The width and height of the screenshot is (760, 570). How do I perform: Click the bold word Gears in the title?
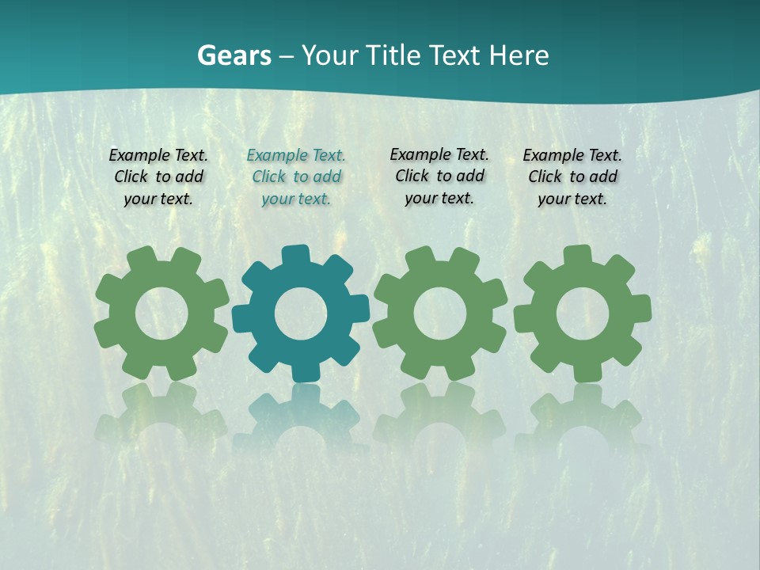tap(234, 55)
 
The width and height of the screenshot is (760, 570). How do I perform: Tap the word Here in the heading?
tap(519, 55)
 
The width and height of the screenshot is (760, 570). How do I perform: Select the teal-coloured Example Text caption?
tap(296, 177)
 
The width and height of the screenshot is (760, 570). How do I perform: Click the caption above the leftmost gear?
tap(158, 177)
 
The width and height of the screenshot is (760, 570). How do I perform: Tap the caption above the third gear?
tap(439, 177)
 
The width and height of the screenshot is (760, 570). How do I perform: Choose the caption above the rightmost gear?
tap(572, 177)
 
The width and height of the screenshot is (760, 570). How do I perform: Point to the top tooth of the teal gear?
tap(296, 256)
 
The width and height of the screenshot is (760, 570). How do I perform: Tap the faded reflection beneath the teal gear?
tap(301, 416)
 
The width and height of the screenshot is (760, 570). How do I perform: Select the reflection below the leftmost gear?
tap(161, 416)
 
